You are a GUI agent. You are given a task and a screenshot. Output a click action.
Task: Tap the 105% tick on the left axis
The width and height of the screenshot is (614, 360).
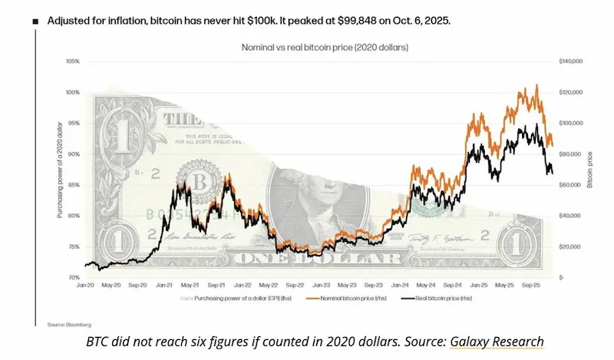(x=73, y=61)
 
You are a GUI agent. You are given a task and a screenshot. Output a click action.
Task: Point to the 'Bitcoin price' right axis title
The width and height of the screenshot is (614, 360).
(x=590, y=169)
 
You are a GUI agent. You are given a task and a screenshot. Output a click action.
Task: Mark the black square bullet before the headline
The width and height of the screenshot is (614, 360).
(x=35, y=21)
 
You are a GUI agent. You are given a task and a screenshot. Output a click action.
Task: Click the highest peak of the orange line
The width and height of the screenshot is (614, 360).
(x=536, y=85)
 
